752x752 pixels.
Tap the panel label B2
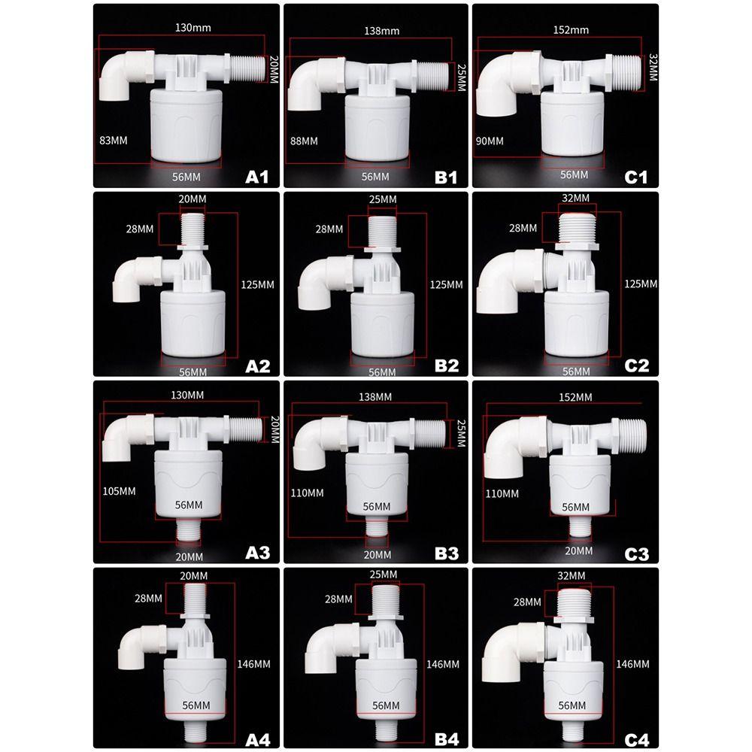click(x=446, y=365)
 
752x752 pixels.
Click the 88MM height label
click(x=305, y=141)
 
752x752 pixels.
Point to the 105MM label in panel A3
click(x=119, y=491)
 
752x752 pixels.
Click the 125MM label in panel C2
click(x=641, y=284)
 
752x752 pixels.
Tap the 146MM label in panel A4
click(x=253, y=664)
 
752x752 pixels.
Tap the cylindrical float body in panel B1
click(x=376, y=127)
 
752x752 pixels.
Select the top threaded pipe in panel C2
click(x=576, y=226)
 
